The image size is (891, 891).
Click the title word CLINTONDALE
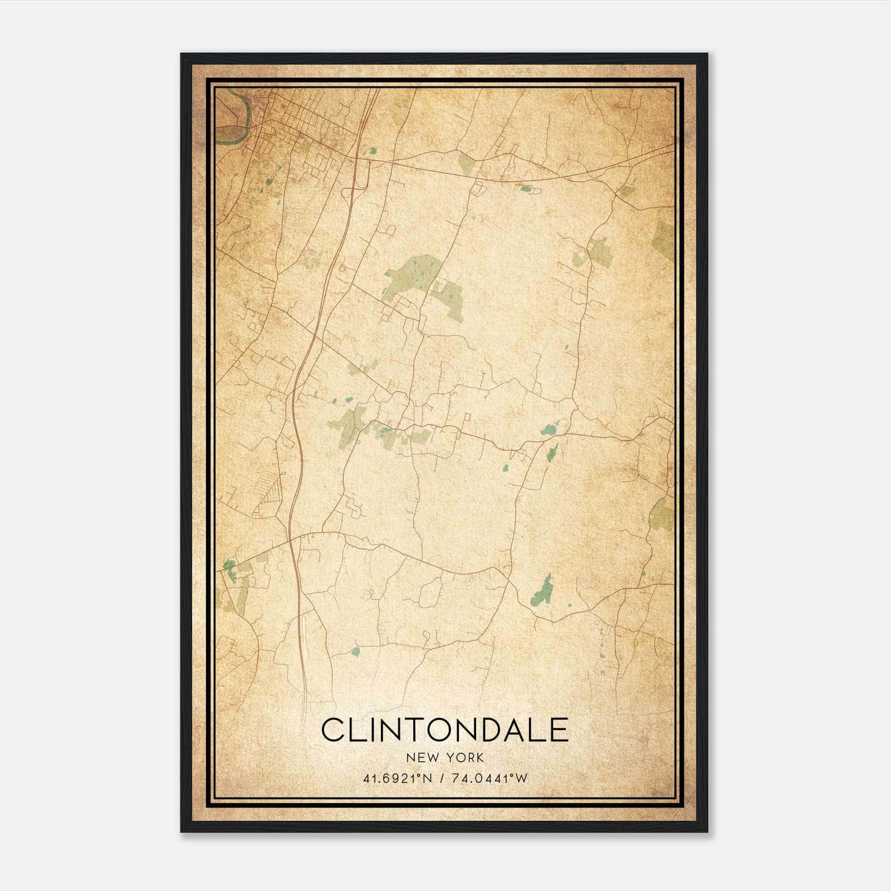[444, 730]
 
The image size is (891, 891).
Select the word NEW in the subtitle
[419, 758]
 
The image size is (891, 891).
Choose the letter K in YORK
[479, 758]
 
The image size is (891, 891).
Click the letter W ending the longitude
[522, 778]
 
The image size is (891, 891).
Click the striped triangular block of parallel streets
[273, 493]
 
